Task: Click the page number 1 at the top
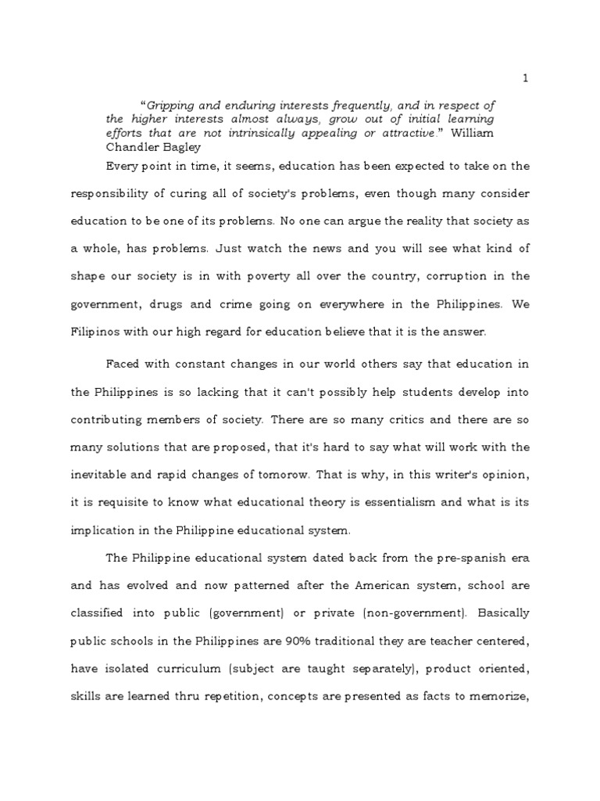[x=526, y=78]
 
